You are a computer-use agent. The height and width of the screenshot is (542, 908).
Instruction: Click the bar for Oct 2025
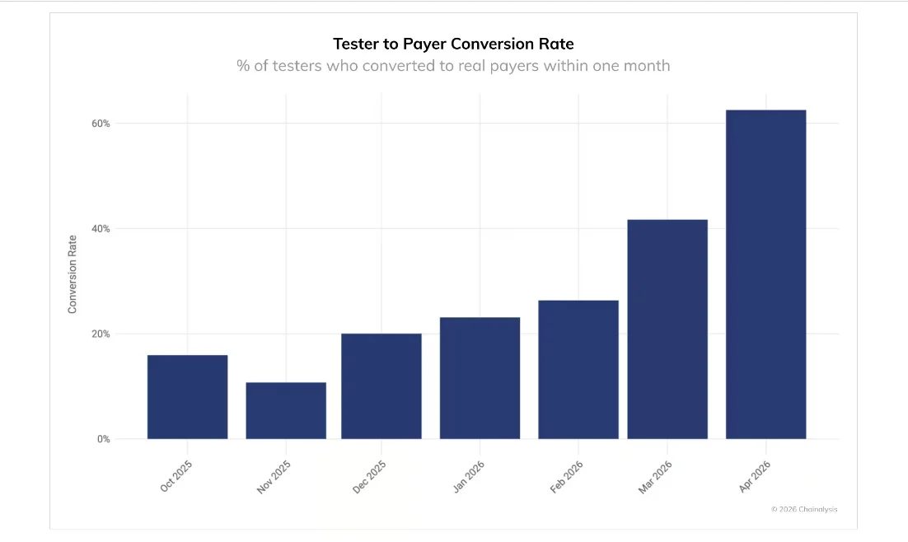[188, 397]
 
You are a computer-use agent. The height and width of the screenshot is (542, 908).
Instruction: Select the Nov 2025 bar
[286, 410]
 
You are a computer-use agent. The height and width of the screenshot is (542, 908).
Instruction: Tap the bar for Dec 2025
[381, 386]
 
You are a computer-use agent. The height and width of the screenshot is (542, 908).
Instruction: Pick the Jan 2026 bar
[480, 378]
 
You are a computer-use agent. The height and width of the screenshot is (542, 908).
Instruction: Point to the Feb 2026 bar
[578, 370]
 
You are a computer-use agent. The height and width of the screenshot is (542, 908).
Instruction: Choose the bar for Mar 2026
[667, 329]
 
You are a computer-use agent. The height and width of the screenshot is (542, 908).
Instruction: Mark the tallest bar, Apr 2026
[766, 274]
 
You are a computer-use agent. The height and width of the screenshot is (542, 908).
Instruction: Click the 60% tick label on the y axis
[101, 124]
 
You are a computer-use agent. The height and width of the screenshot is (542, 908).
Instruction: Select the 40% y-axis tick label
[101, 229]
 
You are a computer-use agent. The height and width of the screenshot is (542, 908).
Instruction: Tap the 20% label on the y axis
[101, 334]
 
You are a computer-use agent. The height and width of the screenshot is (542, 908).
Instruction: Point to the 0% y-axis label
[104, 440]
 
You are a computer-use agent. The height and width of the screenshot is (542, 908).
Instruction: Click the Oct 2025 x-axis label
[176, 477]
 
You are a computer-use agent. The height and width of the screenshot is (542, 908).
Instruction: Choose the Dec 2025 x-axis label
[369, 477]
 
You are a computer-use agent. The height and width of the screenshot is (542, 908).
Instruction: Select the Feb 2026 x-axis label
[566, 477]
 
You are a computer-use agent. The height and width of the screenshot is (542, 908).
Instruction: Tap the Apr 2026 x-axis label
[755, 477]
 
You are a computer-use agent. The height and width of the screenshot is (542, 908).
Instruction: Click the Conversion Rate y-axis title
[73, 274]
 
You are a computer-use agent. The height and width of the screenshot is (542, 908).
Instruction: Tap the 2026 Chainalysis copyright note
[804, 510]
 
